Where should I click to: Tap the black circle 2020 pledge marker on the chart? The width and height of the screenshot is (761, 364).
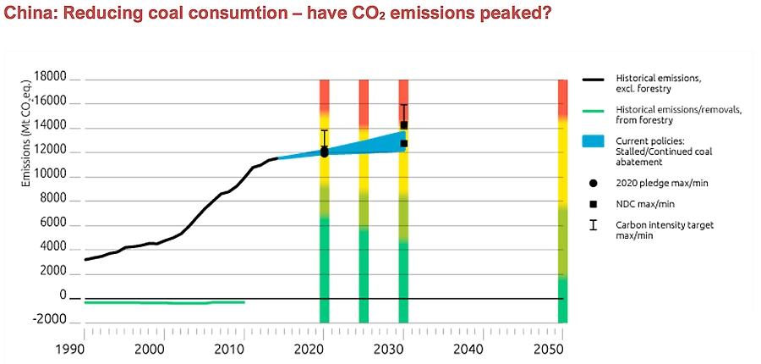[325, 152]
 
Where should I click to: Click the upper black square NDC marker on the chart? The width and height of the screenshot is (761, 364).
[404, 125]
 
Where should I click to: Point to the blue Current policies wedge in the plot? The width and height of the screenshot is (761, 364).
[372, 146]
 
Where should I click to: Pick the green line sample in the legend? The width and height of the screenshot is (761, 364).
[594, 110]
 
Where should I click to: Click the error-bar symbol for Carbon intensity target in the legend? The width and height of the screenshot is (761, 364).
[594, 225]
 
